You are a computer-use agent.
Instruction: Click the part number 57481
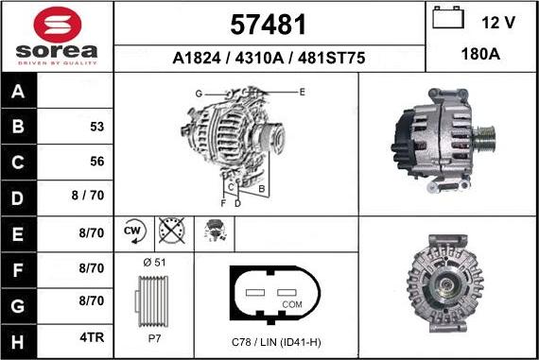click(269, 24)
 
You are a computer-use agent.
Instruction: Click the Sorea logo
click(57, 36)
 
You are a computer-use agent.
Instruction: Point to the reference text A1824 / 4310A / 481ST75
click(269, 59)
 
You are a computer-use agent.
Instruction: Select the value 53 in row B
click(96, 126)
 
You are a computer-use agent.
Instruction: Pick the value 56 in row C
click(96, 162)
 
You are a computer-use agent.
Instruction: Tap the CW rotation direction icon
click(132, 231)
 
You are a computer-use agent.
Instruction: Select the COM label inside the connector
click(293, 304)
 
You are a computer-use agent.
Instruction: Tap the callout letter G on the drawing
click(199, 93)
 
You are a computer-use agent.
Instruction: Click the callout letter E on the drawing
click(302, 92)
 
